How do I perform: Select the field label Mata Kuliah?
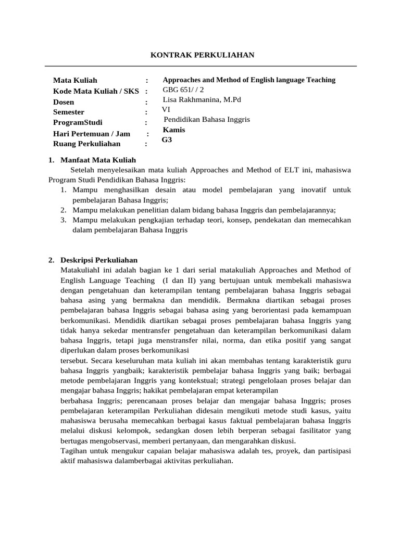click(x=75, y=80)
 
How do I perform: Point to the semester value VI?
click(x=166, y=109)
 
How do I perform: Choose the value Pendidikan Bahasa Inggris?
click(x=207, y=119)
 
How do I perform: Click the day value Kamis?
click(x=174, y=130)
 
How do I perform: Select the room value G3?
click(x=167, y=139)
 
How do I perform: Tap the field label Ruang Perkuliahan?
click(x=86, y=144)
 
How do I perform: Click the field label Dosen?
click(x=64, y=102)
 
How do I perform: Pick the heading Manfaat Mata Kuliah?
click(x=98, y=160)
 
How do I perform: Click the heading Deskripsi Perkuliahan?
click(x=99, y=260)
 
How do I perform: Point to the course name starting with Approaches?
click(x=249, y=80)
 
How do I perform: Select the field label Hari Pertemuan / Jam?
click(x=92, y=134)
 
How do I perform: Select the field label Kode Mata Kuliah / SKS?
click(x=96, y=91)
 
